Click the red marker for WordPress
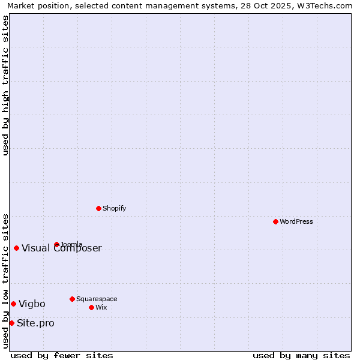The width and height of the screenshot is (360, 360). (275, 221)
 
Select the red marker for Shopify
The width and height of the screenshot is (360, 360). (98, 208)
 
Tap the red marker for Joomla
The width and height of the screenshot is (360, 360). (56, 244)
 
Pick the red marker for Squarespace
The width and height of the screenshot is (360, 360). (72, 299)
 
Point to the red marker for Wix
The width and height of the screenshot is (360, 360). (91, 307)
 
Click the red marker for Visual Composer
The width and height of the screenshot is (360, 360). (16, 248)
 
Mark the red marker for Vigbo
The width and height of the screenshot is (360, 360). (13, 304)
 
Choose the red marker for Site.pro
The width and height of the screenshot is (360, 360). (11, 323)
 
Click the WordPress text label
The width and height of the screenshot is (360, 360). (296, 221)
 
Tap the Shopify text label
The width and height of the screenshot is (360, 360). (114, 208)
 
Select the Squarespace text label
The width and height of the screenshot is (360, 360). (97, 299)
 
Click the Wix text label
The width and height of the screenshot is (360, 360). (101, 307)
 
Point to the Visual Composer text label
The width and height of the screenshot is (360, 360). (62, 248)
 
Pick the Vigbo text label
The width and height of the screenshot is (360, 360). (32, 304)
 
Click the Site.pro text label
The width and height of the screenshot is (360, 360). (35, 323)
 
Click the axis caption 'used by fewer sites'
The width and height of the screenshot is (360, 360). (62, 355)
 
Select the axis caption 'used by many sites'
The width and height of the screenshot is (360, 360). (301, 355)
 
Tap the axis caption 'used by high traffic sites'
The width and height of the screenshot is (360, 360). (5, 85)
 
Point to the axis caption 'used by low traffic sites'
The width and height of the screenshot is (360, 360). (5, 280)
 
